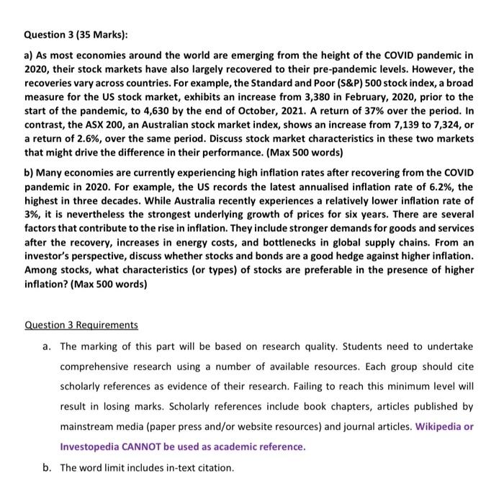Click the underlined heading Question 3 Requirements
81,325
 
